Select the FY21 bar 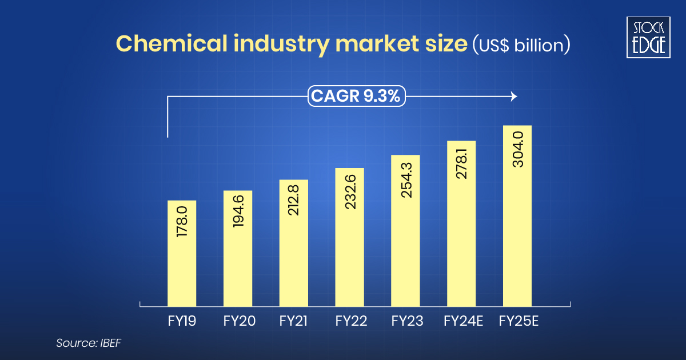pyautogui.click(x=294, y=243)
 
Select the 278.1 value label pyautogui.click(x=462, y=162)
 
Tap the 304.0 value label pyautogui.click(x=518, y=149)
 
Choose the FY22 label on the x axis pyautogui.click(x=350, y=322)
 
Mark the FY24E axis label pyautogui.click(x=463, y=322)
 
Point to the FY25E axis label pyautogui.click(x=519, y=322)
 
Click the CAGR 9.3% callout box pyautogui.click(x=357, y=97)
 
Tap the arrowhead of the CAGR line pyautogui.click(x=513, y=97)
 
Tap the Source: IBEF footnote pyautogui.click(x=89, y=343)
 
